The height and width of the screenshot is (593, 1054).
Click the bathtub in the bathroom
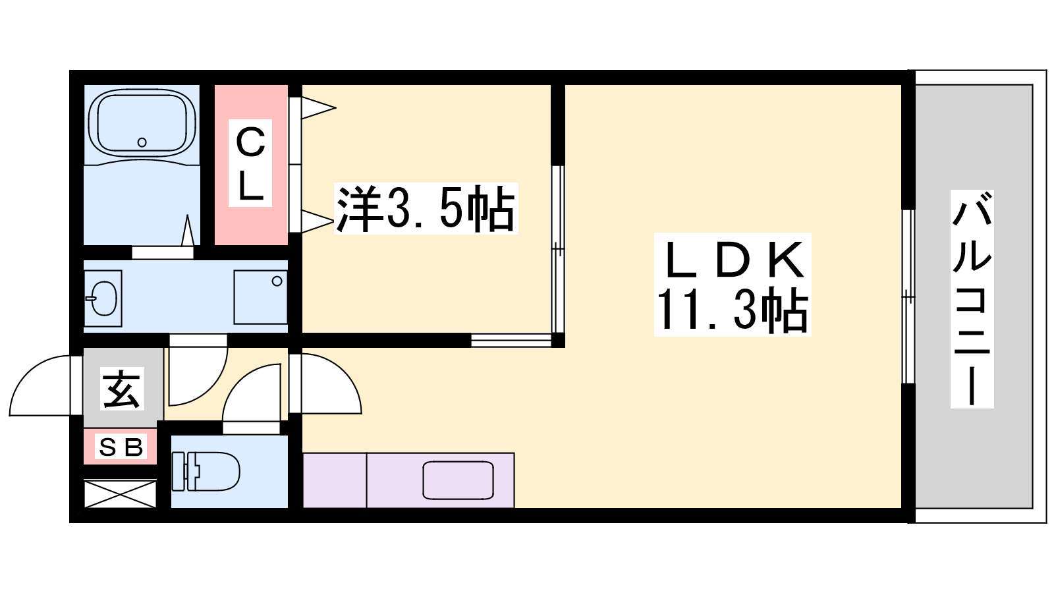tap(142, 123)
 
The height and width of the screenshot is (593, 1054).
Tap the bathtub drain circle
tap(142, 142)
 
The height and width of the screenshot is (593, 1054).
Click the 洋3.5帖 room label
tap(426, 208)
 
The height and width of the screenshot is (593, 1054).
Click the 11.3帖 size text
tap(732, 310)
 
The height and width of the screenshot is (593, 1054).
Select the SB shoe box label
tap(121, 448)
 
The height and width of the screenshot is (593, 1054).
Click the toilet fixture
tap(206, 471)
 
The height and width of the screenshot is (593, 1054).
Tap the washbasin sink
tap(103, 298)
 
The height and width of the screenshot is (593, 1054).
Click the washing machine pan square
tap(260, 298)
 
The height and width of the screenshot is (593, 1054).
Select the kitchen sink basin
tap(458, 480)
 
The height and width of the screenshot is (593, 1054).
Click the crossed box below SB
tap(121, 494)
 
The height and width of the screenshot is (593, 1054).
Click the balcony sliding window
tap(908, 296)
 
